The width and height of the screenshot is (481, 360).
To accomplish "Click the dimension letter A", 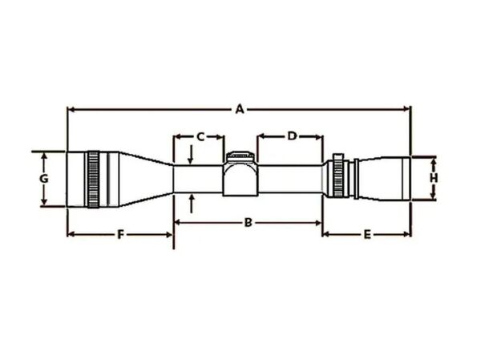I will click(238, 108).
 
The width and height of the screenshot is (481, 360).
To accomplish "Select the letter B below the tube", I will click(248, 221).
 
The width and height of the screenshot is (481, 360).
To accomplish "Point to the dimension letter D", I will click(292, 136).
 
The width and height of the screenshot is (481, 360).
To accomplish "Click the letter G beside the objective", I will click(45, 176).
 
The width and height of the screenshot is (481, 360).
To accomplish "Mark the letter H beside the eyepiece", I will click(433, 176).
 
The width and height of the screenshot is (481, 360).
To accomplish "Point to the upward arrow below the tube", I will click(192, 197).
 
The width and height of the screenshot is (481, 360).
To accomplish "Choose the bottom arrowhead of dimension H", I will click(433, 197).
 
